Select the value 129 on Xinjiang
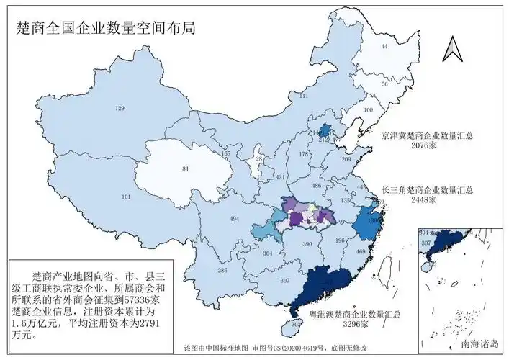pos(120,109)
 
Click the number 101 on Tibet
pos(127,197)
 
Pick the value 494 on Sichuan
pos(234,218)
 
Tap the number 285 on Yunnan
pos(222,270)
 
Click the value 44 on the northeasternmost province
pos(384,46)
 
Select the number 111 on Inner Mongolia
pos(304,96)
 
